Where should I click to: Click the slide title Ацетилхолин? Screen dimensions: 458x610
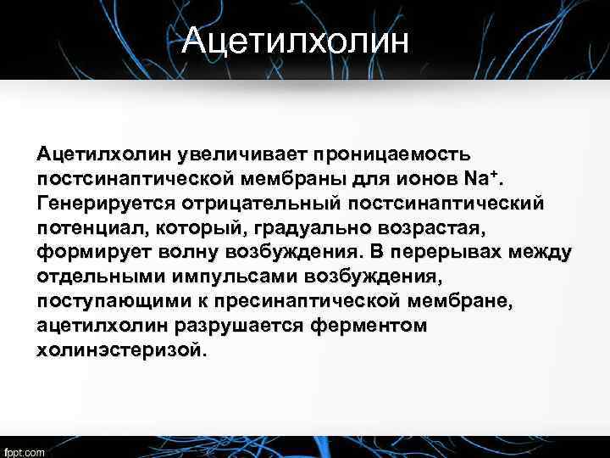295,40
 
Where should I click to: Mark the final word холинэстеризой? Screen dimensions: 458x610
120,350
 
